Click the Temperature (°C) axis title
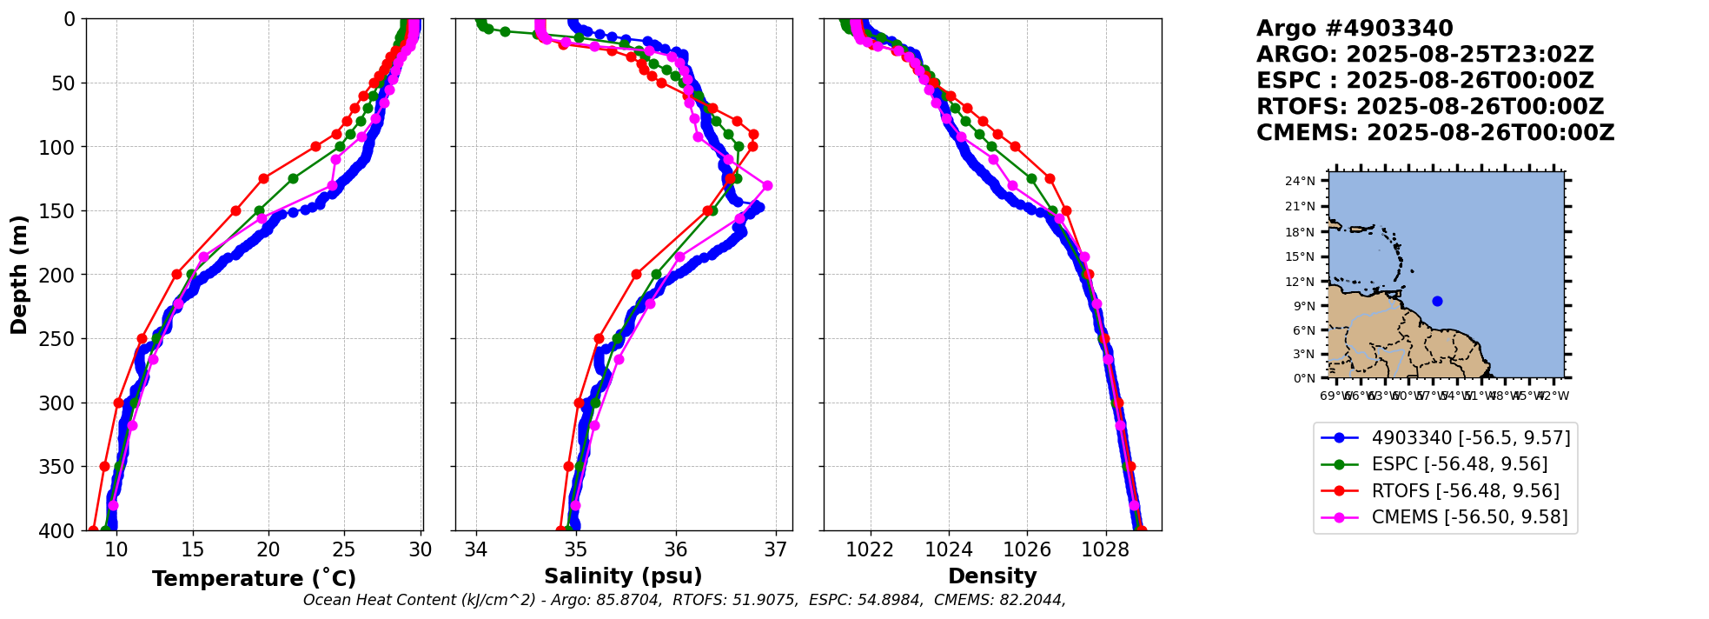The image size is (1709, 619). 254,579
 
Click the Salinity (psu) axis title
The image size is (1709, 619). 623,576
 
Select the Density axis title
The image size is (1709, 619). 992,576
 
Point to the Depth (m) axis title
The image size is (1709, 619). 19,275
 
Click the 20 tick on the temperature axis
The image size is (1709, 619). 268,549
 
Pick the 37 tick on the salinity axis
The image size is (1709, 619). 776,549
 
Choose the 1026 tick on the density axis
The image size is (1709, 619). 1027,549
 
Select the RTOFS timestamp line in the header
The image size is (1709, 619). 1429,107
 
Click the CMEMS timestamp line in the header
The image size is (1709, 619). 1434,133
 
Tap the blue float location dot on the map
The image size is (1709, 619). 1437,301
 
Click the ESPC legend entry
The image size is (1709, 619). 1459,464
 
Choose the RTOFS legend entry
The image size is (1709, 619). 1465,491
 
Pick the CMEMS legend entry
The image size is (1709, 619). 1469,517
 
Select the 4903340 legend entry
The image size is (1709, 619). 1470,438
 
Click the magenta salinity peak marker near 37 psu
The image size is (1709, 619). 767,185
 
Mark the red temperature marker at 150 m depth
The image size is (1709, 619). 235,210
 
